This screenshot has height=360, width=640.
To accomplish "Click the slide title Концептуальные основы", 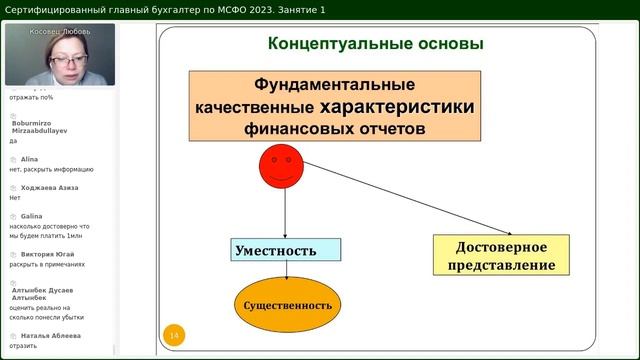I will (376, 44).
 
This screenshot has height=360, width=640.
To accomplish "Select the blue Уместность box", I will (286, 250).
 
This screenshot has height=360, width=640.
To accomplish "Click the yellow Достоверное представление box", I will (501, 256).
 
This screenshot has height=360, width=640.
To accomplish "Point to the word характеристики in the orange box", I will (392, 106).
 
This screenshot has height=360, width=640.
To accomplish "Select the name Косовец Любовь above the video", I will (59, 31).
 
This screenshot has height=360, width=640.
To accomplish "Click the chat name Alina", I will (32, 158).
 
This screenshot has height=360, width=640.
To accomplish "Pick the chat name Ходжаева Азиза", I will (50, 187).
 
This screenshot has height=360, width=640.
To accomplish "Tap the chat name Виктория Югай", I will (48, 254).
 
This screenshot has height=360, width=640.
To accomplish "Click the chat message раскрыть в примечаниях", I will (46, 265).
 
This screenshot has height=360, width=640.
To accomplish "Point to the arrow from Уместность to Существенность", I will (287, 268).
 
